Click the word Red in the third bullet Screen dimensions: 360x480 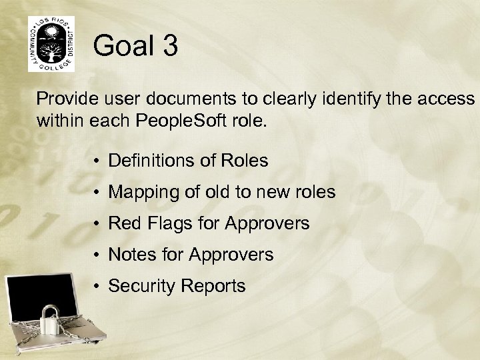[121, 224]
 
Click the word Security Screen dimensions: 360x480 [137, 286]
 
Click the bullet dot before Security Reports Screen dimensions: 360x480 [97, 286]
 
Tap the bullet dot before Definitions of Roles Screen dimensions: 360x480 [97, 161]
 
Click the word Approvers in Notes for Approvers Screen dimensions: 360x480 [231, 255]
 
